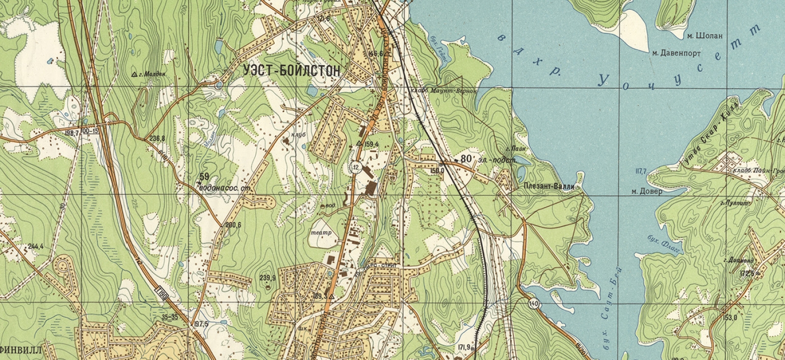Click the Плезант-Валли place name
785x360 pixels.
549,187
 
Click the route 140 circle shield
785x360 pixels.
534,304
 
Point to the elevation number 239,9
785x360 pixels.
267,278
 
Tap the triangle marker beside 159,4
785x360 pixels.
360,144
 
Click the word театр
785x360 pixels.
321,232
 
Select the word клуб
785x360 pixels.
297,132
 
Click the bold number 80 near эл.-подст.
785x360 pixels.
466,159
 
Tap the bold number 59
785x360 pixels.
204,177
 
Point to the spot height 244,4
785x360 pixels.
36,246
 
